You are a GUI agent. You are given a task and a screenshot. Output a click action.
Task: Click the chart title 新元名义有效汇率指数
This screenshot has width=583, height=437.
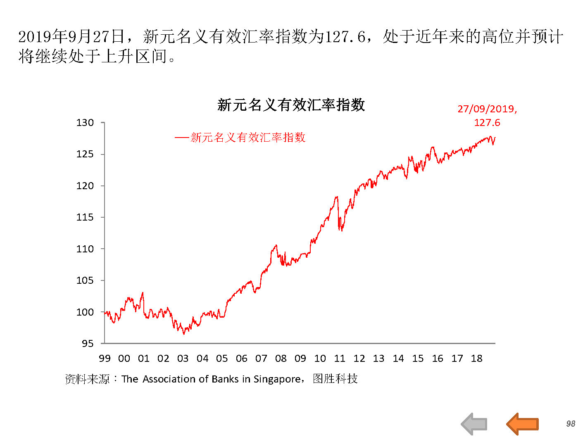click(291, 105)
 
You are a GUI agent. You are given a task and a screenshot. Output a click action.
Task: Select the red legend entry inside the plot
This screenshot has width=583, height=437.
click(240, 138)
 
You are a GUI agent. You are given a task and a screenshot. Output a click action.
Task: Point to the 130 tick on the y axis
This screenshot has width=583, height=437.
click(85, 123)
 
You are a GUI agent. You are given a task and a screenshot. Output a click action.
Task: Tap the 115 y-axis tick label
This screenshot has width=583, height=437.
click(85, 217)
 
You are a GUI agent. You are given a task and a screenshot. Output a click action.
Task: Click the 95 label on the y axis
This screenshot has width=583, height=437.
click(88, 344)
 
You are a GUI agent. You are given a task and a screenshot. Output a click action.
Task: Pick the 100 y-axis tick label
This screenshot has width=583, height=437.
click(85, 312)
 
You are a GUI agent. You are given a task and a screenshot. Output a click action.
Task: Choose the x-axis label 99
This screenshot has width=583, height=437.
click(105, 359)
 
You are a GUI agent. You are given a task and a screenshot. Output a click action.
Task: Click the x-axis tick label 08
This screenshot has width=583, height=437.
click(281, 359)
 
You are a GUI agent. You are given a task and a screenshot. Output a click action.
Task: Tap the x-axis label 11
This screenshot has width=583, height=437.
click(340, 359)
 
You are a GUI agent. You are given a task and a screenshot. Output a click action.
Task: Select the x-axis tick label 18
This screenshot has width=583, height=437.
click(477, 359)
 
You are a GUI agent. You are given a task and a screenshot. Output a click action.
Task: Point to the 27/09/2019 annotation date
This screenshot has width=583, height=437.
click(487, 109)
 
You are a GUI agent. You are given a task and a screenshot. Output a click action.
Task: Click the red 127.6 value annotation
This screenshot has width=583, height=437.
click(487, 123)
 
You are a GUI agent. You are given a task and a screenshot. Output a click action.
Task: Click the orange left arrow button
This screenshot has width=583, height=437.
click(522, 424)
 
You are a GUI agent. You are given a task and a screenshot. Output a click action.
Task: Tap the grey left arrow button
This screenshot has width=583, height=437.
click(474, 424)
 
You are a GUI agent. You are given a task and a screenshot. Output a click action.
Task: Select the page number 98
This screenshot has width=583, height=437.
click(571, 424)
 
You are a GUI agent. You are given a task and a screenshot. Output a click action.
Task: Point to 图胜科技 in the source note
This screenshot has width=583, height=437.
click(335, 379)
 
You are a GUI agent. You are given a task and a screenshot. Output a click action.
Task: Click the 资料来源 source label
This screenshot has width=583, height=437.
click(87, 379)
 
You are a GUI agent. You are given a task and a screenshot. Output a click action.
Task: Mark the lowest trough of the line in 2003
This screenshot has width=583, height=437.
click(184, 334)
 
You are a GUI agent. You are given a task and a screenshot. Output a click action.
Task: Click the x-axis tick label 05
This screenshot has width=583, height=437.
click(222, 359)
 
